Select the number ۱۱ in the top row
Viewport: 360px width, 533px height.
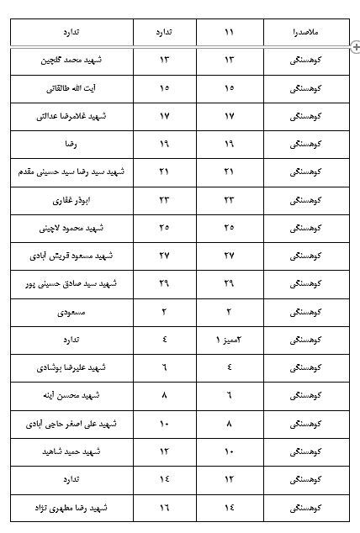(230, 32)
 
